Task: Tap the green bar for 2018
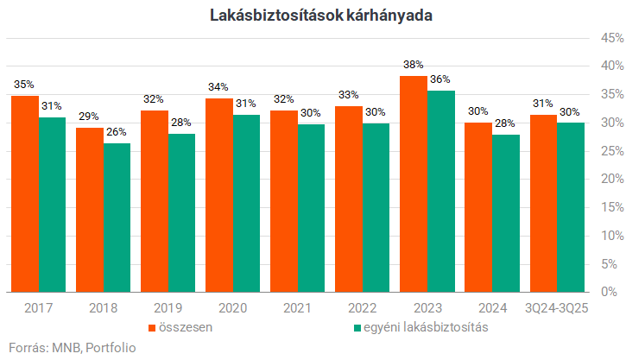(117, 218)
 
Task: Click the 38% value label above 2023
(414, 66)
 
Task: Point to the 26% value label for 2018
(117, 132)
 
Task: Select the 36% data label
(441, 79)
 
